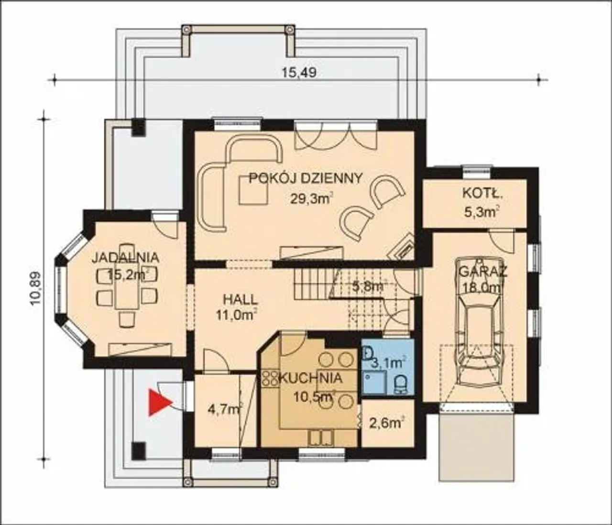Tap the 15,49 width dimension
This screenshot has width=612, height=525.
[x=298, y=73]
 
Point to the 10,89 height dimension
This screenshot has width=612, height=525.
[x=36, y=288]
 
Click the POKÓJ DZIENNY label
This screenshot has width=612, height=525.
[x=306, y=178]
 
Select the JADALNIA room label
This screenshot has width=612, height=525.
[x=126, y=258]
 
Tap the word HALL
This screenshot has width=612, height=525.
[x=240, y=300]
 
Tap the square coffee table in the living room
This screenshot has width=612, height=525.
[x=254, y=190]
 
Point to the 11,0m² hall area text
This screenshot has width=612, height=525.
[x=236, y=314]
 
